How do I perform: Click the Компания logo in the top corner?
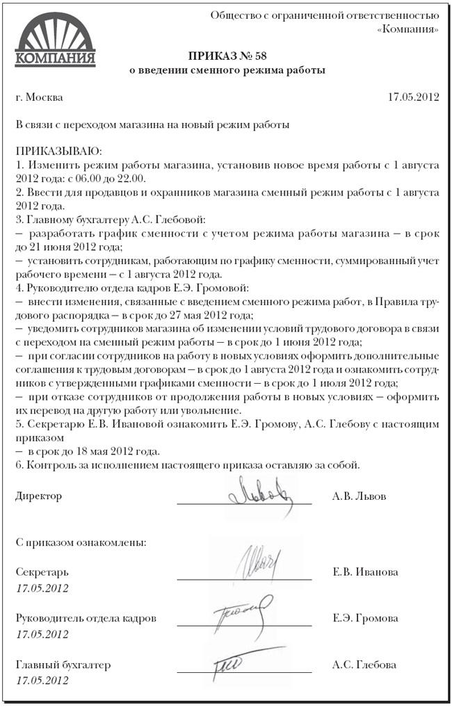(x=55, y=40)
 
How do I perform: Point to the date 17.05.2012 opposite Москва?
(x=413, y=97)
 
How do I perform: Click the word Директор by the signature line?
(x=38, y=496)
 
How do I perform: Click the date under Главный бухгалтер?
(x=42, y=681)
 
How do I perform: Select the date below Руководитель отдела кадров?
(x=42, y=634)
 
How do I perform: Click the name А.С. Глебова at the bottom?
(x=364, y=665)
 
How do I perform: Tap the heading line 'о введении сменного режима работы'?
(x=227, y=70)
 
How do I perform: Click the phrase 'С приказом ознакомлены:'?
(x=81, y=543)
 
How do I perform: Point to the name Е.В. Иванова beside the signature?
(x=366, y=572)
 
